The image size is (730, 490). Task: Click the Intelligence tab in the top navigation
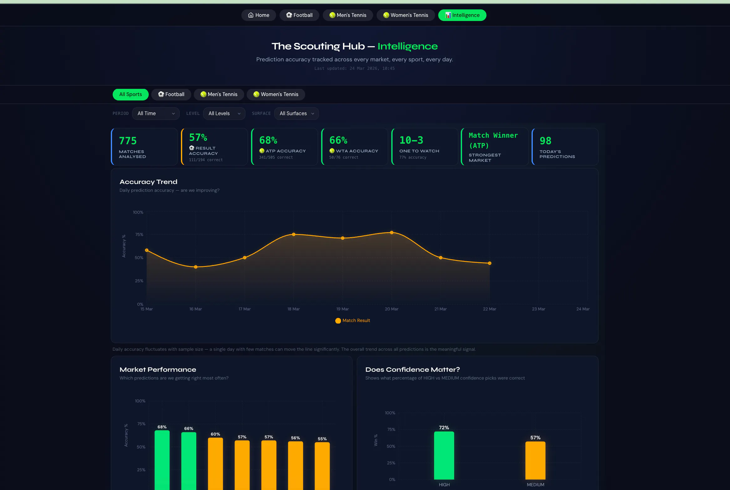tap(462, 15)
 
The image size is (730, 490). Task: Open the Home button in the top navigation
tap(259, 15)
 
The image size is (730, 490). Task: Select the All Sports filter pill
tap(131, 94)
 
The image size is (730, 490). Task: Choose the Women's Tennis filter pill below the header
tap(276, 94)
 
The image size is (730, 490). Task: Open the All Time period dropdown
tap(156, 113)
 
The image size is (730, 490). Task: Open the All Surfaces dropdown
tap(296, 113)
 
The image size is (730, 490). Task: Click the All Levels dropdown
tap(224, 113)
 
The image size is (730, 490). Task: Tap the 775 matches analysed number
tap(128, 141)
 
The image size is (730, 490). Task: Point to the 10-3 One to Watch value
tap(411, 140)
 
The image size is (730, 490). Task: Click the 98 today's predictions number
tap(545, 141)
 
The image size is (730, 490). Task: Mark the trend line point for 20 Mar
tap(392, 232)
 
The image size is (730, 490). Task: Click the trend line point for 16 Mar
tap(196, 267)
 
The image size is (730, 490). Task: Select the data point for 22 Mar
tap(490, 263)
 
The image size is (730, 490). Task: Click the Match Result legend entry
tap(353, 320)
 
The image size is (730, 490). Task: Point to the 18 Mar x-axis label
tap(294, 309)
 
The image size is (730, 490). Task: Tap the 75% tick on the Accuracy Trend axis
tap(139, 234)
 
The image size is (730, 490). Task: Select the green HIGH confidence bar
tap(444, 455)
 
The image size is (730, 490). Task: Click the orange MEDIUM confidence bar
tap(535, 460)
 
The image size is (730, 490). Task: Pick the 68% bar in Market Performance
tap(162, 460)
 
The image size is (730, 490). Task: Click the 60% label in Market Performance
tap(215, 434)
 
